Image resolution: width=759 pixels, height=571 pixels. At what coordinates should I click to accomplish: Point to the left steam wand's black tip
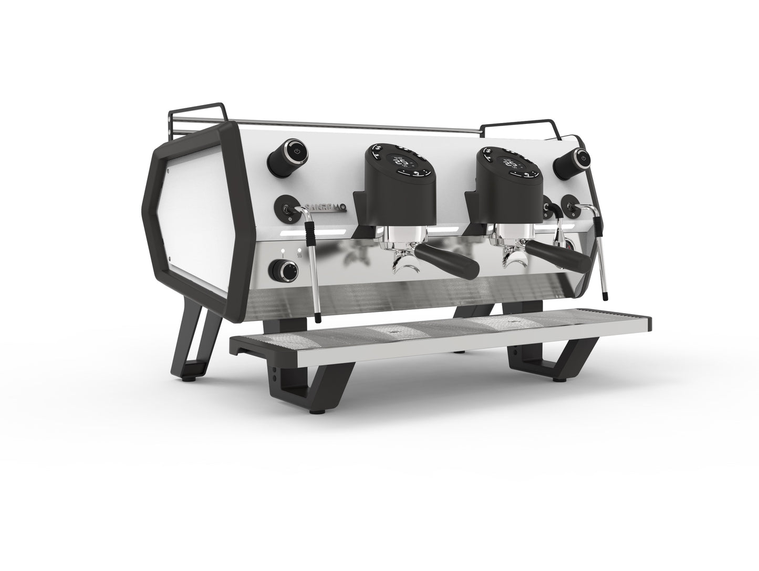[318, 317]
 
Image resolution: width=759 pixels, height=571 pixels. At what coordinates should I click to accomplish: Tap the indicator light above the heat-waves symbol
[300, 250]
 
